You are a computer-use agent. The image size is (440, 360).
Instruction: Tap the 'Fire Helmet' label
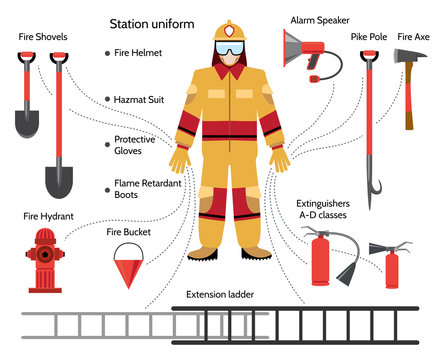[x=141, y=52]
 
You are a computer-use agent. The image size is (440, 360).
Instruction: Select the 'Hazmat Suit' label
[x=141, y=99]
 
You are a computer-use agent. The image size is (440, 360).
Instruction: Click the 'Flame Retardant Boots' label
[x=140, y=190]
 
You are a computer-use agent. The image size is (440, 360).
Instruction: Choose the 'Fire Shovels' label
[x=43, y=36]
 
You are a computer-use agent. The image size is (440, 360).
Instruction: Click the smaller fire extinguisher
[x=392, y=265]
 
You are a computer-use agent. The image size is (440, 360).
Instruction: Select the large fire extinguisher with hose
[x=321, y=257]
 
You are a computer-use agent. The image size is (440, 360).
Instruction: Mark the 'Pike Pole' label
[x=367, y=36]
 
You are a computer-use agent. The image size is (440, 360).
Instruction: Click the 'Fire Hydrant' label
[x=48, y=215]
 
